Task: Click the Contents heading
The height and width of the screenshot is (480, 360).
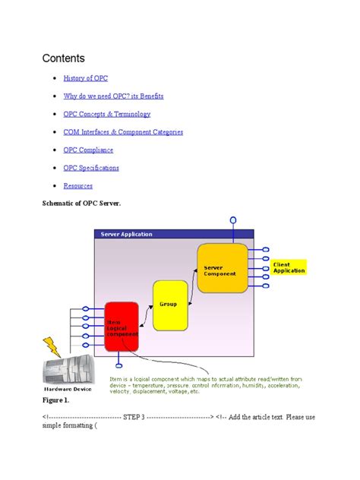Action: coord(64,58)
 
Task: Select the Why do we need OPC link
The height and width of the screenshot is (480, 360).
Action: coord(113,96)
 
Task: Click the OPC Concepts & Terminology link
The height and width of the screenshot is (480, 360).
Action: coord(106,114)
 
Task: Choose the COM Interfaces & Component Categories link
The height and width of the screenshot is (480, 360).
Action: coord(123,132)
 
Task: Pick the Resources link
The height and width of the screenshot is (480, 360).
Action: coord(78,185)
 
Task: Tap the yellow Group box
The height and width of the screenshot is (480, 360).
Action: coord(170,305)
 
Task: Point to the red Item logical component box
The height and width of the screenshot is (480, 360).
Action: coord(122,327)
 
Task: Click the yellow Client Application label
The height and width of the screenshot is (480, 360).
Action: coord(289,267)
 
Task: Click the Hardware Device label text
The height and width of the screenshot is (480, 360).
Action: coord(68,388)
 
